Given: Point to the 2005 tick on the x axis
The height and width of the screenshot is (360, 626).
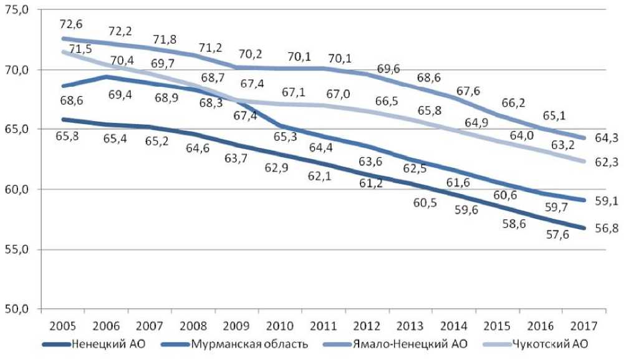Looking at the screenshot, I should pyautogui.click(x=64, y=326).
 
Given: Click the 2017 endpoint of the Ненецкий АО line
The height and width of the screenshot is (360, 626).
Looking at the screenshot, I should pyautogui.click(x=584, y=228).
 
